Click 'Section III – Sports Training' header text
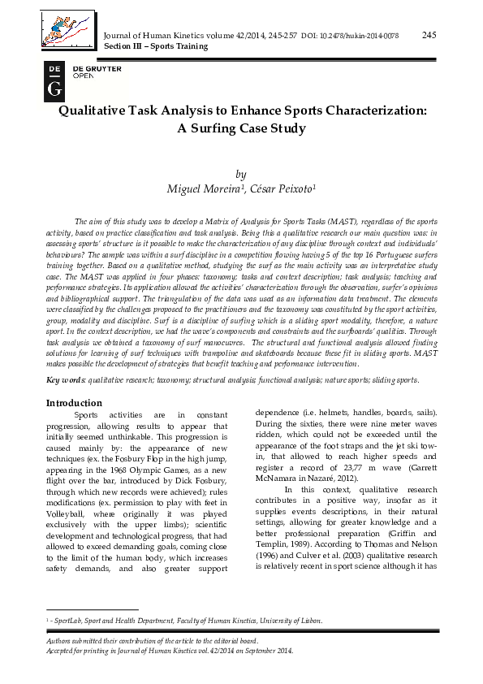coord(152,46)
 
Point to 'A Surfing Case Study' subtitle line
coord(241,128)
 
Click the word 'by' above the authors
coord(240,173)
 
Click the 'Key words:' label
coord(64,379)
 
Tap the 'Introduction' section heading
coord(74,403)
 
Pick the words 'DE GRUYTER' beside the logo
coord(97,69)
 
